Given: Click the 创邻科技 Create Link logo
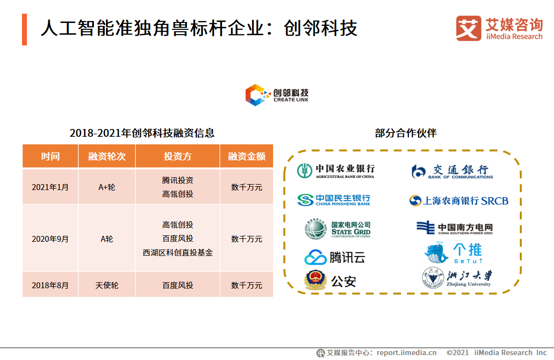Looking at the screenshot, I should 277,94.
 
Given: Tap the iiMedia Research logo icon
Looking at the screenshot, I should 468,28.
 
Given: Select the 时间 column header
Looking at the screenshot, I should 50,156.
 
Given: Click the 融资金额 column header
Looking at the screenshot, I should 247,156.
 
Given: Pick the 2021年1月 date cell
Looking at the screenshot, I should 50,187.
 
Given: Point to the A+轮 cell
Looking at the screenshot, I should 107,187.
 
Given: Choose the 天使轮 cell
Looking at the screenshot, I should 107,285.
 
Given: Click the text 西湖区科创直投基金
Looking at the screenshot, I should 178,253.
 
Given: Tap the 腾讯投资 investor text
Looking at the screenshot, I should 178,180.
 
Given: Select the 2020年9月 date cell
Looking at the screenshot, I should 50,239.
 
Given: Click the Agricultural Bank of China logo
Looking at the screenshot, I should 336,170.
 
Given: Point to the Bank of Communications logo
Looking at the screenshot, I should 452,171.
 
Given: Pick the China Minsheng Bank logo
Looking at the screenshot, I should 334,200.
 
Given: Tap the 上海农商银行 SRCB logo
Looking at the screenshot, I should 459,201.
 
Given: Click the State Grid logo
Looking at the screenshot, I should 337,229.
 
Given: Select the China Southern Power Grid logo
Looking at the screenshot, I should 454,228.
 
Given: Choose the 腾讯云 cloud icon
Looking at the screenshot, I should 315,257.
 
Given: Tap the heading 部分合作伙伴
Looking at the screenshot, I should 405,133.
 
